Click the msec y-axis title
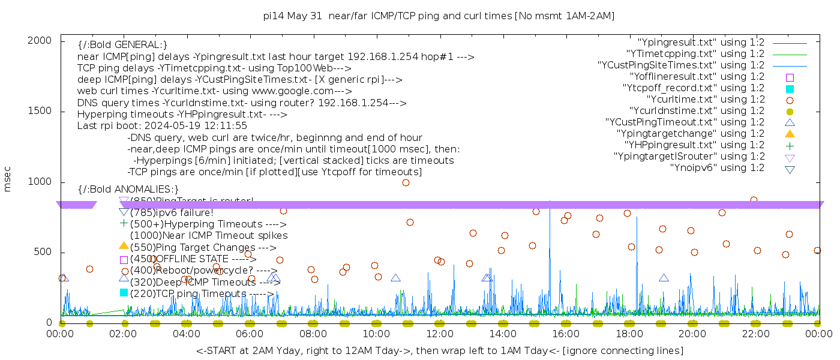(x=8, y=179)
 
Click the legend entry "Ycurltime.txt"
(x=706, y=100)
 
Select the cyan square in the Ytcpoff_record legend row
(x=790, y=88)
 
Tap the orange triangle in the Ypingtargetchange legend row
(x=790, y=134)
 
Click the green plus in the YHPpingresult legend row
(x=790, y=145)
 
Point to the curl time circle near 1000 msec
(x=406, y=183)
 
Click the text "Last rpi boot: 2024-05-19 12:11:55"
(x=162, y=126)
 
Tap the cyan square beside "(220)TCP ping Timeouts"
(x=124, y=293)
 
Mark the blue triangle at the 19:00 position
(x=664, y=278)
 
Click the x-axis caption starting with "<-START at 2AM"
(x=439, y=350)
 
